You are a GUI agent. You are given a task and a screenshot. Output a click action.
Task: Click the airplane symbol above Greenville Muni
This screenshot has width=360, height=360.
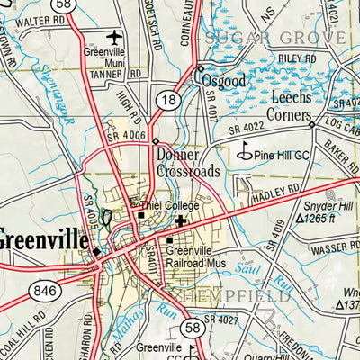coord(113,37)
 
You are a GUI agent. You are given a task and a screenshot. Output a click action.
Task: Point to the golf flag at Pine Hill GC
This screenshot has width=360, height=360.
coord(243,154)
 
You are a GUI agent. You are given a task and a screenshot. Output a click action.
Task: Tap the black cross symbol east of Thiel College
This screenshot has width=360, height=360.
coord(182,220)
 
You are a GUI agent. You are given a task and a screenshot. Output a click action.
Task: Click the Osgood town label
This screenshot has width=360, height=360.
coord(222,79)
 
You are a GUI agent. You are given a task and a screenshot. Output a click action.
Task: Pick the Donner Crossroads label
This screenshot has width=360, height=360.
coord(187,163)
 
